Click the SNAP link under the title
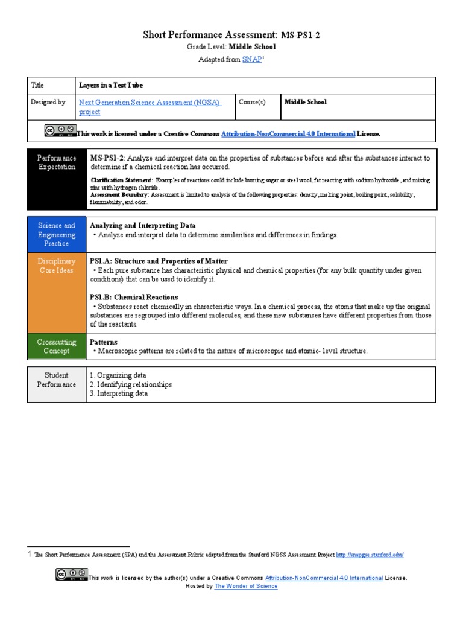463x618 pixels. pyautogui.click(x=252, y=60)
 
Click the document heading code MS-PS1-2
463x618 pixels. pyautogui.click(x=300, y=35)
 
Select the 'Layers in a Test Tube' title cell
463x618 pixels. pyautogui.click(x=111, y=85)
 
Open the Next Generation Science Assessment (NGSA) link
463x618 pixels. pyautogui.click(x=150, y=103)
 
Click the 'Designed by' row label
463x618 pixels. pyautogui.click(x=48, y=103)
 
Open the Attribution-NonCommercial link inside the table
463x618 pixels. pyautogui.click(x=288, y=133)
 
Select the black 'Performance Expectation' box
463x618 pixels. pyautogui.click(x=57, y=179)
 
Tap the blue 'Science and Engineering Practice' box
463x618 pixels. pyautogui.click(x=57, y=234)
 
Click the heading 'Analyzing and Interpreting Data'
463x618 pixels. pyautogui.click(x=142, y=225)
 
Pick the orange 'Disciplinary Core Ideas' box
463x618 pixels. pyautogui.click(x=57, y=292)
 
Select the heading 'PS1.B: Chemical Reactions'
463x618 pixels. pyautogui.click(x=134, y=297)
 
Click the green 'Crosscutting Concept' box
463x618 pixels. pyautogui.click(x=57, y=346)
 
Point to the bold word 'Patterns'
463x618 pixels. pyautogui.click(x=103, y=342)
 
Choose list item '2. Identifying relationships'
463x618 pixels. pyautogui.click(x=130, y=384)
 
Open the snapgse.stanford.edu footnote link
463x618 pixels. pyautogui.click(x=370, y=555)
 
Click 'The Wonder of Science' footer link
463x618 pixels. pyautogui.click(x=246, y=586)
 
